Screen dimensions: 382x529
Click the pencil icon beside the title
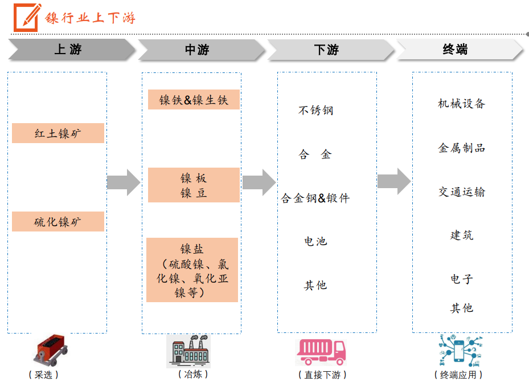click(27, 17)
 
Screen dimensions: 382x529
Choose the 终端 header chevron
click(456, 50)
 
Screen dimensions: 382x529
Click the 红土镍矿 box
click(58, 133)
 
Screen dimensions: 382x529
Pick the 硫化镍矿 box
click(58, 221)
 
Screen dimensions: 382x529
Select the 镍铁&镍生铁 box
click(194, 100)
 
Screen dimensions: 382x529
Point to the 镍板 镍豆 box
click(194, 185)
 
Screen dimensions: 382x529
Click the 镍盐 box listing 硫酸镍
click(192, 270)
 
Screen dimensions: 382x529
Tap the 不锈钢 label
click(315, 110)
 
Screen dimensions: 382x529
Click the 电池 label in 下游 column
click(315, 241)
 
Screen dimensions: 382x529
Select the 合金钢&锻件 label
click(315, 198)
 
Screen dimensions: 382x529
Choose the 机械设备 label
click(461, 104)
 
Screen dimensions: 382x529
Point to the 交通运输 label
click(461, 192)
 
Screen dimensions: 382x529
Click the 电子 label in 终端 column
click(461, 279)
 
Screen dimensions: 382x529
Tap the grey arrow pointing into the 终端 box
click(394, 182)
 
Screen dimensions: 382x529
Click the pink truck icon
click(321, 351)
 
